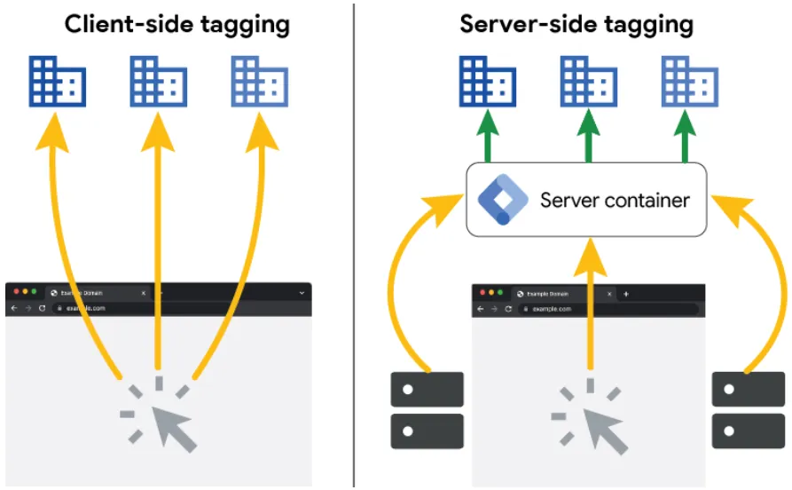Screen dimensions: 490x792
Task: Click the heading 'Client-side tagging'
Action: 176,24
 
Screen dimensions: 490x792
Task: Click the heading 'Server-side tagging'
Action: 576,24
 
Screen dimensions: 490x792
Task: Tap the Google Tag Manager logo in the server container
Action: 503,199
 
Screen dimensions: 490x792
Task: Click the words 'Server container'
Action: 614,200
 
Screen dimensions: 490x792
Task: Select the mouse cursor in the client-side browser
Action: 169,421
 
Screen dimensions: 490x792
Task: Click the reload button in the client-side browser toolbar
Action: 42,308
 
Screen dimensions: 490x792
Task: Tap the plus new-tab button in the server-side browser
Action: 626,294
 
